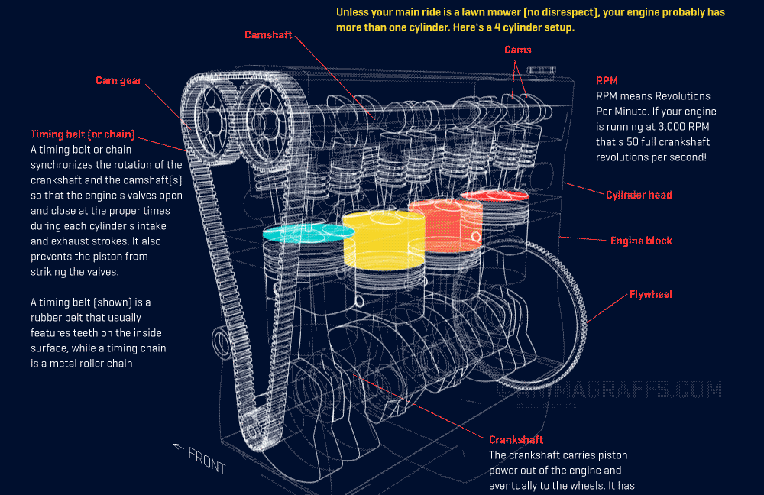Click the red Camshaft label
(x=268, y=35)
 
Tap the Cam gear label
(x=118, y=80)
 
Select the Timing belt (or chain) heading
(x=83, y=134)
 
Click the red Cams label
(x=518, y=50)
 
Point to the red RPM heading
(x=607, y=80)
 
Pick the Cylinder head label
(x=639, y=195)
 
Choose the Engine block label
(x=641, y=241)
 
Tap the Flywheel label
(x=650, y=294)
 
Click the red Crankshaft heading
(x=516, y=439)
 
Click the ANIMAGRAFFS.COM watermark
(x=611, y=390)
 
